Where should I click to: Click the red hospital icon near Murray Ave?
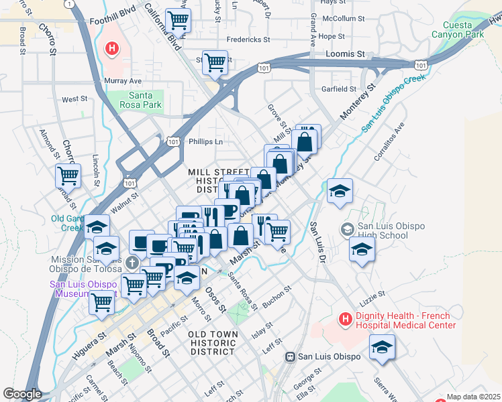click(112, 48)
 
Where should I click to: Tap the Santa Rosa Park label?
click(140, 100)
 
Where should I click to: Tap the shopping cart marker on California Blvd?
click(178, 21)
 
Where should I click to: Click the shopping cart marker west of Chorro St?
click(68, 176)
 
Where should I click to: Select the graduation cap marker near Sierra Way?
click(382, 347)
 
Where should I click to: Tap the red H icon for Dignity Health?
click(345, 320)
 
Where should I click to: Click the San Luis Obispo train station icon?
click(291, 356)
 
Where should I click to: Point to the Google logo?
click(22, 394)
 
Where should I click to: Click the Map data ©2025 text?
click(472, 397)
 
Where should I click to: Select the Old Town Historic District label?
click(213, 342)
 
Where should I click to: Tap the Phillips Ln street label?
click(205, 141)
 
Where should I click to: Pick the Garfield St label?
click(338, 88)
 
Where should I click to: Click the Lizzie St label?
click(372, 293)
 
